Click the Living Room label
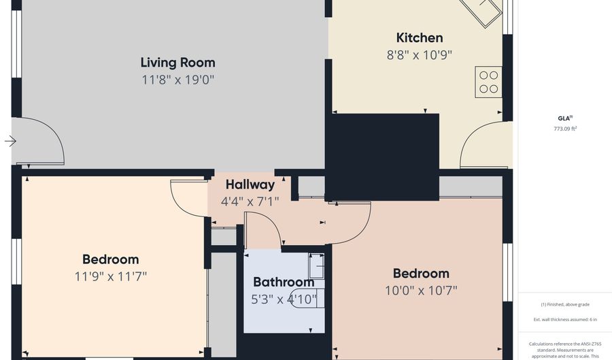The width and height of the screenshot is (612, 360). (177, 63)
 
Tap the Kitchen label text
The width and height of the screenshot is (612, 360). (420, 38)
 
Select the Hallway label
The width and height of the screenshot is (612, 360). (250, 184)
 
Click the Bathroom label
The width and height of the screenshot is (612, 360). (284, 282)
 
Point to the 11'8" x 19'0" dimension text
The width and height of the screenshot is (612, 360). (178, 80)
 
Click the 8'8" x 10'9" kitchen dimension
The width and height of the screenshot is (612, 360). (419, 55)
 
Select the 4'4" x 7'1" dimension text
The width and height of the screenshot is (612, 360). (250, 201)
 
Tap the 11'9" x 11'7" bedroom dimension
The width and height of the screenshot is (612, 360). (111, 276)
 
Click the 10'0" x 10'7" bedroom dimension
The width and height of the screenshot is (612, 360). (421, 291)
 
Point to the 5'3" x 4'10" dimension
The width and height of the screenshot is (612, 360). (284, 299)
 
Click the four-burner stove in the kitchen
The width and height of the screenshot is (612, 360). (488, 82)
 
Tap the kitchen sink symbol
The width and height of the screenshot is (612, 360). (481, 12)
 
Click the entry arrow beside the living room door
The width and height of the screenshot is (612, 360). (10, 141)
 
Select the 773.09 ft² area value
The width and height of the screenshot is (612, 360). (565, 129)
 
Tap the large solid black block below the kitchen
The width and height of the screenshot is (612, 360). (382, 157)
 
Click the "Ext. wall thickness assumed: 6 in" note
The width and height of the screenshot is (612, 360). (565, 319)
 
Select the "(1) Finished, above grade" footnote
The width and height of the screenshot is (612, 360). (565, 305)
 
